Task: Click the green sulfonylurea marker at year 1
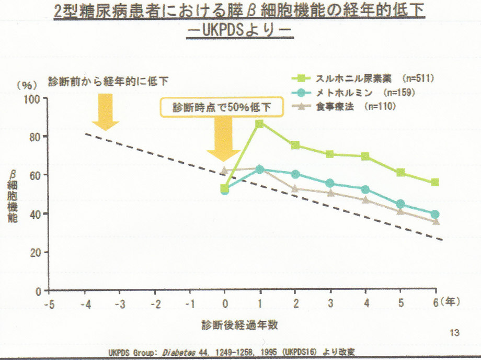(259, 123)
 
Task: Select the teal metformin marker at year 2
(295, 174)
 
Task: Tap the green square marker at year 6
(435, 182)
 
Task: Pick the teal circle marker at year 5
(400, 204)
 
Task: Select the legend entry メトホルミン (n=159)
(356, 93)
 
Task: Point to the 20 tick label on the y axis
(36, 252)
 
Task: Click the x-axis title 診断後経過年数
(239, 324)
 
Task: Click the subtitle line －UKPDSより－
(241, 30)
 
